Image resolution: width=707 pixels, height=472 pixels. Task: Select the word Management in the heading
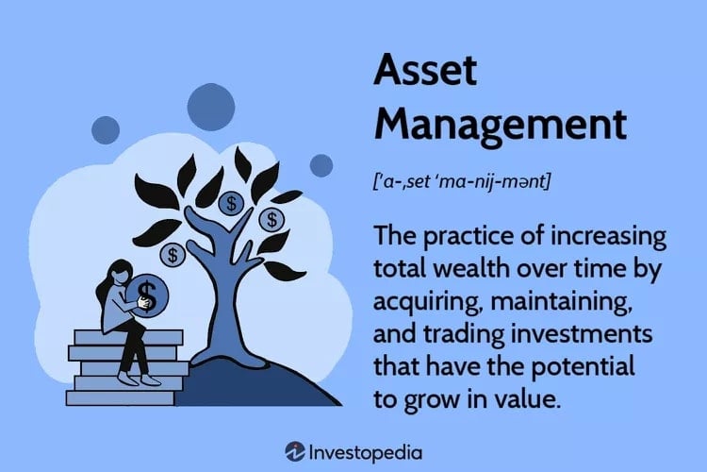coord(500,125)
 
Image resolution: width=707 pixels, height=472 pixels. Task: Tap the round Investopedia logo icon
coord(297,451)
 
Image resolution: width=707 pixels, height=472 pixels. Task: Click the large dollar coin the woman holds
coord(149,292)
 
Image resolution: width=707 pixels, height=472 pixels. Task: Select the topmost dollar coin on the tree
coord(230,202)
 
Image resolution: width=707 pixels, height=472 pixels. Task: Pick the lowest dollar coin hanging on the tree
coord(173,254)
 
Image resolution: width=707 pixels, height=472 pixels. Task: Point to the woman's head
coord(120,274)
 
